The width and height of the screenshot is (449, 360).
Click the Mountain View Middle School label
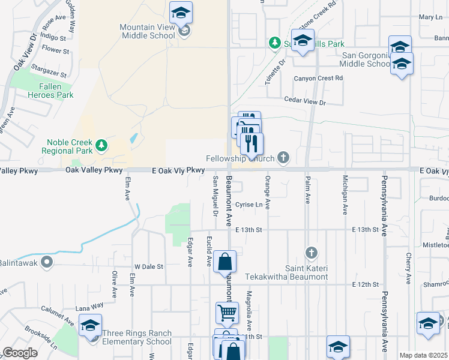[147, 31]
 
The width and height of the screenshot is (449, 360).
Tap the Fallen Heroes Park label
[52, 91]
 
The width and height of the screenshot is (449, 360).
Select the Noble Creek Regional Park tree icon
[102, 145]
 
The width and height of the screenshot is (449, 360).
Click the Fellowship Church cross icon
[283, 158]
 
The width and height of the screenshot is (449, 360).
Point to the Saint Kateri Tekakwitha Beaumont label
[286, 272]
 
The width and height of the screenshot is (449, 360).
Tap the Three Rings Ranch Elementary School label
[137, 338]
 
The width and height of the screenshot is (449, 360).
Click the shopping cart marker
[227, 311]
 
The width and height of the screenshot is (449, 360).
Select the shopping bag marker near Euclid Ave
[224, 262]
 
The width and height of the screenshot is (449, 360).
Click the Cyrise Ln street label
[249, 205]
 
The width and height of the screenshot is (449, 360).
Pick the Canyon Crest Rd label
[318, 78]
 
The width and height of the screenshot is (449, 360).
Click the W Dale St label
[148, 266]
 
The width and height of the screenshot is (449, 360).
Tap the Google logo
[20, 353]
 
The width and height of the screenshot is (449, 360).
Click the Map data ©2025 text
[423, 355]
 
